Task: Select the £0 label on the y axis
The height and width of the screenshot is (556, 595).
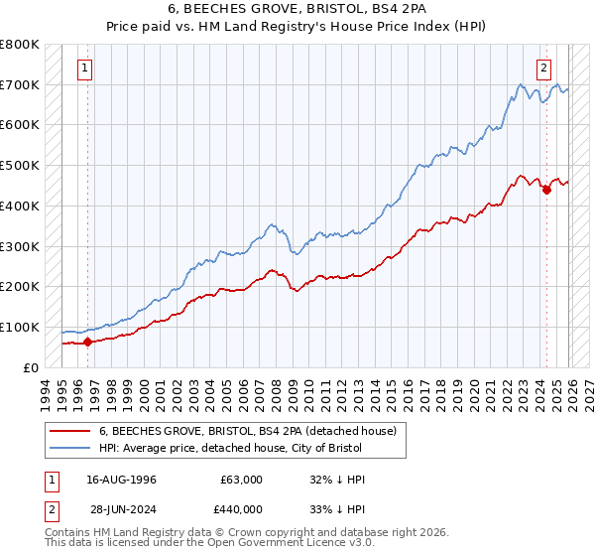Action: tap(30, 367)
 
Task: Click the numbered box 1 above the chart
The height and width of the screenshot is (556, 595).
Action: tap(85, 69)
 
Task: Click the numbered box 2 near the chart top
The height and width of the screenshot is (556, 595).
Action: tap(544, 69)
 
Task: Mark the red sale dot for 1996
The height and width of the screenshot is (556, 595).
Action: tap(87, 343)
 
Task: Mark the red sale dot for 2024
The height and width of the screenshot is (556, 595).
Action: tap(546, 190)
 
